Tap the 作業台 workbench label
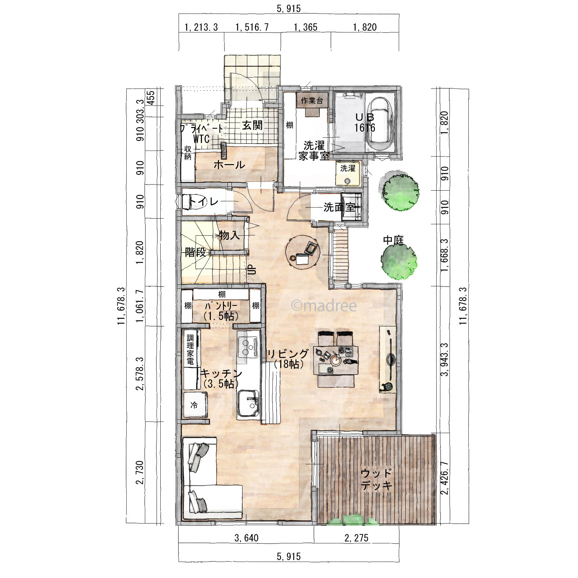pos(312,100)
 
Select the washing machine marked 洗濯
pos(348,174)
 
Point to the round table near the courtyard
pos(303,252)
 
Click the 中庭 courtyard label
pos(393,240)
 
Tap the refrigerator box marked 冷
pos(195,405)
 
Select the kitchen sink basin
pos(248,403)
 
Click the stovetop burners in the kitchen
pos(248,346)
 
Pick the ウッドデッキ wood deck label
pos(376,479)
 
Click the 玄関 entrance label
pos(252,125)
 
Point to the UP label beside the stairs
pos(252,270)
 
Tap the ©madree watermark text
pos(324,306)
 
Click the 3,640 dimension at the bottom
pos(246,538)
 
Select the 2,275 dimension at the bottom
pos(356,538)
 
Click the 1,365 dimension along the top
pos(305,27)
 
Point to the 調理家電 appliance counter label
pos(190,350)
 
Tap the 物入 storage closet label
pos(229,235)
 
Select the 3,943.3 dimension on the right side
pos(444,359)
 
